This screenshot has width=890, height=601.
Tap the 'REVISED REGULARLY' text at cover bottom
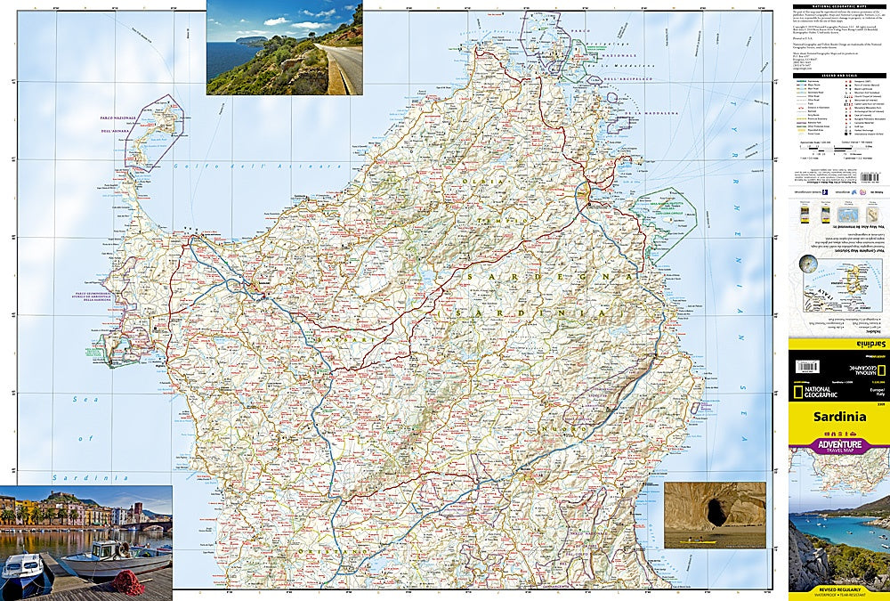click(838, 589)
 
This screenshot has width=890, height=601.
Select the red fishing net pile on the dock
click(128, 583)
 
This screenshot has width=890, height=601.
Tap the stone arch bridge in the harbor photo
click(157, 525)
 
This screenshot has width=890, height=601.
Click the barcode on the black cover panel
click(806, 366)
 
